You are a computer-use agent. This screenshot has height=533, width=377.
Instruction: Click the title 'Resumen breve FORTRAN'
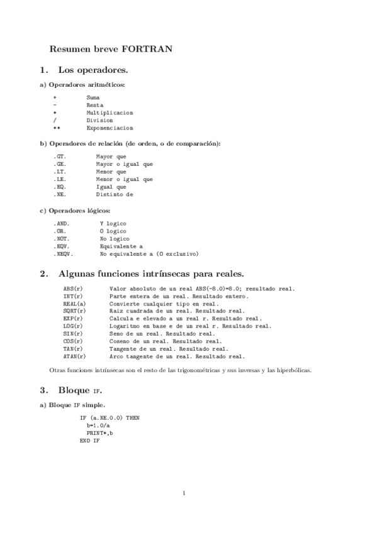pyautogui.click(x=111, y=48)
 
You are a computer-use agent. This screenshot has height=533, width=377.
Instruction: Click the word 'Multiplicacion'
pyautogui.click(x=110, y=113)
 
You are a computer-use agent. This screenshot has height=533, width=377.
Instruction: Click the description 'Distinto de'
pyautogui.click(x=115, y=194)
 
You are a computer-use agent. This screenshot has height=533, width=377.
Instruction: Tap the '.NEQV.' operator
pyautogui.click(x=63, y=254)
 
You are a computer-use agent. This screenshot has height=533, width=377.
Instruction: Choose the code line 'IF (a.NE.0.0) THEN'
pyautogui.click(x=110, y=417)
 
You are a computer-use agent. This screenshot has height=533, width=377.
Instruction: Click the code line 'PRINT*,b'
pyautogui.click(x=101, y=432)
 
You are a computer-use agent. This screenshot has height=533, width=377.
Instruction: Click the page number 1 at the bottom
pyautogui.click(x=183, y=493)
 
